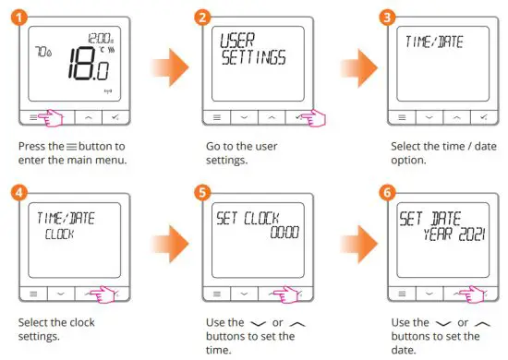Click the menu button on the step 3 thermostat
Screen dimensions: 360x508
point(404,118)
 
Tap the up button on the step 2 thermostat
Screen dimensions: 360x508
point(273,118)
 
